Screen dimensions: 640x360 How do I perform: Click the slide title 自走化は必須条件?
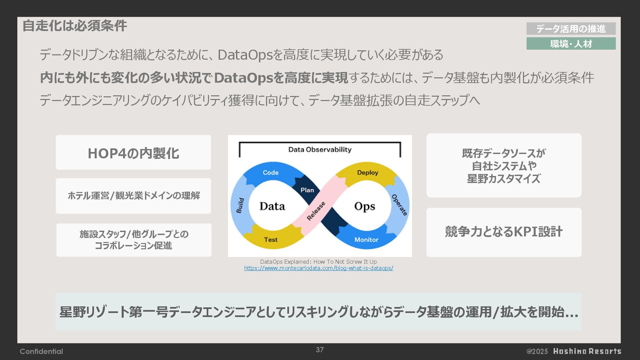(x=75, y=26)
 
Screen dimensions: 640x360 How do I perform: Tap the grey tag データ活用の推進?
(x=571, y=29)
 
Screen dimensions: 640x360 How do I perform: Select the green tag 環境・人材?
(x=571, y=44)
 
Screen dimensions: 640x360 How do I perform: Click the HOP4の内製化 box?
(x=133, y=153)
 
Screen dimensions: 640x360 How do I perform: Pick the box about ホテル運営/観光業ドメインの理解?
(x=133, y=196)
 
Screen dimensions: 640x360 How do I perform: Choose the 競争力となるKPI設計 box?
(x=504, y=232)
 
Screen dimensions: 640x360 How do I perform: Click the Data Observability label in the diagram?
(x=320, y=150)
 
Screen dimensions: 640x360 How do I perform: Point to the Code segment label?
(x=270, y=173)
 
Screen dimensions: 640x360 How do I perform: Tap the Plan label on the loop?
(x=307, y=190)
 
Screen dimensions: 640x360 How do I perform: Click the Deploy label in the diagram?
(x=367, y=173)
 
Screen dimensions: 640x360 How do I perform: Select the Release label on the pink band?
(x=316, y=211)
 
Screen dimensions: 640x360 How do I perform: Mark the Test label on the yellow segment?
(x=270, y=240)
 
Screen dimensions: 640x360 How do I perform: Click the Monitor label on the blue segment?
(x=366, y=240)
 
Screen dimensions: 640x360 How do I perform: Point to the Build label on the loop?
(x=240, y=205)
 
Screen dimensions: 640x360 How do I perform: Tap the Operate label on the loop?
(x=399, y=205)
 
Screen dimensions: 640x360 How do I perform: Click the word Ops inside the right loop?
(x=364, y=206)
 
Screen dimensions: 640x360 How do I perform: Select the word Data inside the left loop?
(x=272, y=206)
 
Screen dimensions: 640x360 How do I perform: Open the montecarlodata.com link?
(x=318, y=268)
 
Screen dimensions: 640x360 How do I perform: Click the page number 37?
(x=320, y=350)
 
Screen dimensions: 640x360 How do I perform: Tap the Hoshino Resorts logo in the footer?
(x=587, y=351)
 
